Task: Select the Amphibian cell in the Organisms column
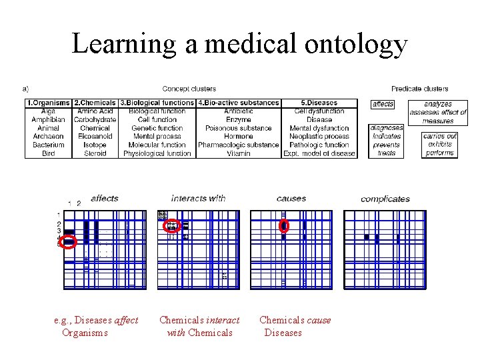pyautogui.click(x=48, y=120)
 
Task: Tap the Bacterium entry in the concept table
pyautogui.click(x=48, y=145)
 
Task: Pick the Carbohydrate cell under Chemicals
pyautogui.click(x=95, y=120)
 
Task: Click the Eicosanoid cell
pyautogui.click(x=95, y=136)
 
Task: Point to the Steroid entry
pyautogui.click(x=95, y=153)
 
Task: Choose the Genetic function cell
pyautogui.click(x=157, y=128)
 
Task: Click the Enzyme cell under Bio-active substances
pyautogui.click(x=238, y=120)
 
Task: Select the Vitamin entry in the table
pyautogui.click(x=238, y=153)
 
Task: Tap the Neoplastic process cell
pyautogui.click(x=319, y=136)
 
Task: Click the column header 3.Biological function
pyautogui.click(x=157, y=103)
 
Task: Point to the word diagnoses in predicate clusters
pyautogui.click(x=387, y=128)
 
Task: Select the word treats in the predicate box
pyautogui.click(x=387, y=153)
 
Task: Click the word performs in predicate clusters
pyautogui.click(x=440, y=153)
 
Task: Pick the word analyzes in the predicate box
pyautogui.click(x=438, y=104)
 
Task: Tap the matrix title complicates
pyautogui.click(x=385, y=199)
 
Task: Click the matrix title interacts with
pyautogui.click(x=198, y=198)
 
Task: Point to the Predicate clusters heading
pyautogui.click(x=419, y=89)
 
